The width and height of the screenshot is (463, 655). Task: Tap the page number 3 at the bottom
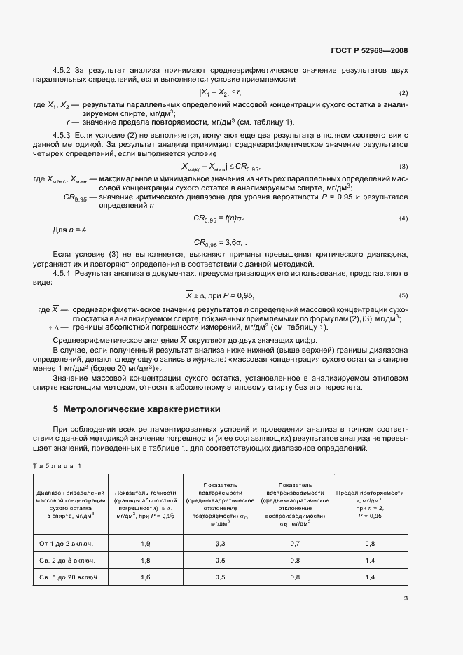tap(406, 598)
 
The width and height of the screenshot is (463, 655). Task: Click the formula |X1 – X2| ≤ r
tap(221, 92)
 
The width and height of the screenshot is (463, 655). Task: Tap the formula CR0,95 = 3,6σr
tap(221, 243)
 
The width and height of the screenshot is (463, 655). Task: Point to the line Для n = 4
tap(70, 230)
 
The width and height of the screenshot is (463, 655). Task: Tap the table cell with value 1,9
tap(145, 543)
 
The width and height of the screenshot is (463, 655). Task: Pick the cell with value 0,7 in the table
tap(295, 543)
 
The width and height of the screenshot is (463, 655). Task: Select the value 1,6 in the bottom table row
tap(145, 577)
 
